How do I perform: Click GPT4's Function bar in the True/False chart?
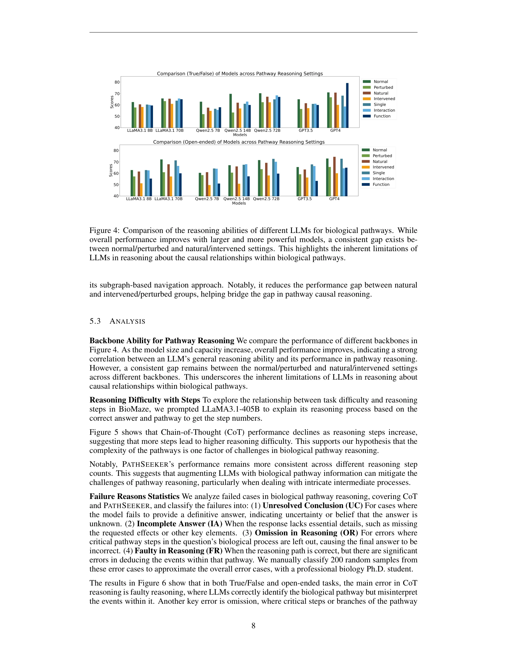(347, 106)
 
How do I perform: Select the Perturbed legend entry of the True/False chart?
(383, 87)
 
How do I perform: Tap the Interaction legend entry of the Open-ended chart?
(383, 179)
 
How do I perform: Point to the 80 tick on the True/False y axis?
(117, 82)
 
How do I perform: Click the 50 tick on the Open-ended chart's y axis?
(116, 185)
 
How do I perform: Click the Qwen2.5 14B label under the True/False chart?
(237, 130)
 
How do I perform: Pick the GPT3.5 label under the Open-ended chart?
(305, 199)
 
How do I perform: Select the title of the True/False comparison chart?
(240, 74)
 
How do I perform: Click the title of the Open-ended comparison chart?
(239, 142)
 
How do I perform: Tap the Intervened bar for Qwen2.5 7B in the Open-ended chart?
(209, 190)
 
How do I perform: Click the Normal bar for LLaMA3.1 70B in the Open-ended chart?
(161, 178)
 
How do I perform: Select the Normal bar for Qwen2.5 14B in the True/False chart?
(231, 111)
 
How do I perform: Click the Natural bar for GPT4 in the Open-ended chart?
(334, 176)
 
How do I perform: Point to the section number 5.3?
(95, 321)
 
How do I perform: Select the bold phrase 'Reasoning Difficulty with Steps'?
(145, 400)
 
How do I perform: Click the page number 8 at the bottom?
(253, 626)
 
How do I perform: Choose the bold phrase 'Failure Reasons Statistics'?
(134, 496)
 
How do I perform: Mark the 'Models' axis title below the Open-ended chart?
(239, 203)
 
